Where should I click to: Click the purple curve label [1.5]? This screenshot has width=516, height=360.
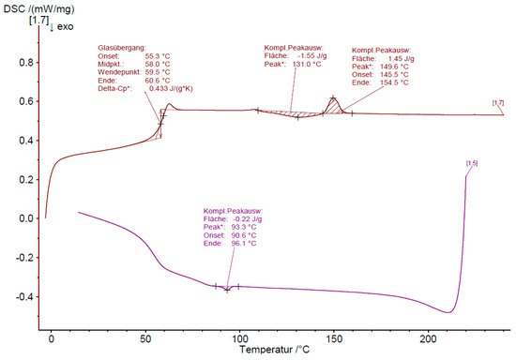471,165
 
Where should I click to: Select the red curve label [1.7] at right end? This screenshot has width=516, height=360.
497,101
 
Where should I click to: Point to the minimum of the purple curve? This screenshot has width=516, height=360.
450,312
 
